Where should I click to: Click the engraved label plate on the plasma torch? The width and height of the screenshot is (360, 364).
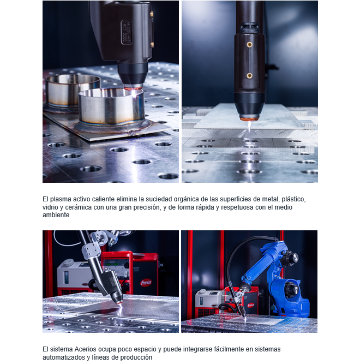pos(127,32)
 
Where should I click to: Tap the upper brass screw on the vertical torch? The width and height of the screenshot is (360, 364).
pos(249,45)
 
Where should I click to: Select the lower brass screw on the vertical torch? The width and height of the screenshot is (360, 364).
pos(249,76)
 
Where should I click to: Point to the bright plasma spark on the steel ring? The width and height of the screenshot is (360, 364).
pos(134,93)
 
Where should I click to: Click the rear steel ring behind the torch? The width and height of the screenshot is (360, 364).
pos(73,91)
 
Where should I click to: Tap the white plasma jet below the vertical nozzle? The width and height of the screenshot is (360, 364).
pos(249,127)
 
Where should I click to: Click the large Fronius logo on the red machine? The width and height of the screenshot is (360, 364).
pos(146,283)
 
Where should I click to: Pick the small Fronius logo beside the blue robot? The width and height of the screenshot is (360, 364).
pos(251,305)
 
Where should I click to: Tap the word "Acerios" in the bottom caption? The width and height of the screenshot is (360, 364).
pos(85,349)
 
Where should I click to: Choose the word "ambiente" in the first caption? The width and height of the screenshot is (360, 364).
pos(56,215)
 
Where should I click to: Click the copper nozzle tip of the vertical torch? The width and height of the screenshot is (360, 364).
pos(249,119)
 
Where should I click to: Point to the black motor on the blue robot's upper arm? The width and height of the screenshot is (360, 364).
pos(291,256)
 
